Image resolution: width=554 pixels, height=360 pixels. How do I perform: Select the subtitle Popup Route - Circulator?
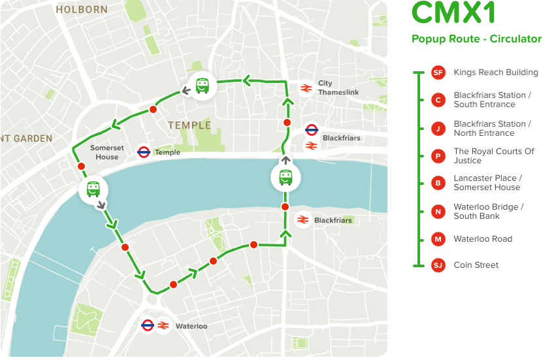coord(476,39)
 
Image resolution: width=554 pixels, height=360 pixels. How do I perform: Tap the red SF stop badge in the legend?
coord(438,73)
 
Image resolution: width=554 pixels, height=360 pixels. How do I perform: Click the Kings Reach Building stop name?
coord(496,73)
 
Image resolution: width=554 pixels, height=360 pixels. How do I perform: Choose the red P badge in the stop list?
coord(438,156)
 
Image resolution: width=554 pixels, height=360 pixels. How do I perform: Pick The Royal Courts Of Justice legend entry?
coord(494,156)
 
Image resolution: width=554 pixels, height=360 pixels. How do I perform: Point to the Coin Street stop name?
coord(476,265)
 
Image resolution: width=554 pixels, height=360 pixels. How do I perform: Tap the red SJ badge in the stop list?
coord(438,265)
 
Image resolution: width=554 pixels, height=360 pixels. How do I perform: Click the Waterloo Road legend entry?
coord(483,239)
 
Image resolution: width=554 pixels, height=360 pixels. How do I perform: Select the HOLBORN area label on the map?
coord(81,10)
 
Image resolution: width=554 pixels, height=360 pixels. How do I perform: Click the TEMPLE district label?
coord(189,125)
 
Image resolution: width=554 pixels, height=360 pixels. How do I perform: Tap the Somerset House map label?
coord(106,153)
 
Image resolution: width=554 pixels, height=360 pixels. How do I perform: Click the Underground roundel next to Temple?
coord(144,153)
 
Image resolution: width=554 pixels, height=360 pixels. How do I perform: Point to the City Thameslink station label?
coord(338,88)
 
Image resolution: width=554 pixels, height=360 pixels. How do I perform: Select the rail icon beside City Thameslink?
coord(305,88)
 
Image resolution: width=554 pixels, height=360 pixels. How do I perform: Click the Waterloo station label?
coord(191,326)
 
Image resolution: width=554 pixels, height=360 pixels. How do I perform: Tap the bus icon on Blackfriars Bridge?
coord(285,177)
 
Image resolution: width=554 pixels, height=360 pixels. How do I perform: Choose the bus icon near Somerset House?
coord(93,189)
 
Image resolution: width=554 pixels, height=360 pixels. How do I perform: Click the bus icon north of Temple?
coord(203,85)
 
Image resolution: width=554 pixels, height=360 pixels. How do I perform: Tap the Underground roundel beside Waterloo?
coord(148,325)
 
